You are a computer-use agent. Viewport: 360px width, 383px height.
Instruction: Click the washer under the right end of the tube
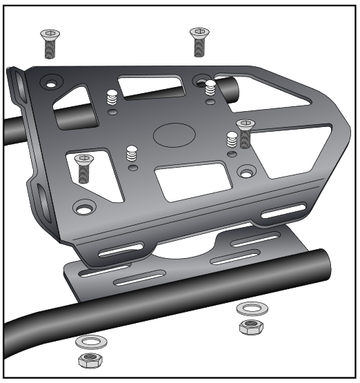[x=248, y=308]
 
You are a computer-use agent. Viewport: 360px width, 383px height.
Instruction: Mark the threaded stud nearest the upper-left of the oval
[x=110, y=99]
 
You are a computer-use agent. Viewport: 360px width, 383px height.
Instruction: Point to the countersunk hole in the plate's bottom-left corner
[x=86, y=206]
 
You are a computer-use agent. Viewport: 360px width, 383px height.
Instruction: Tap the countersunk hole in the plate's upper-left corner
[x=49, y=81]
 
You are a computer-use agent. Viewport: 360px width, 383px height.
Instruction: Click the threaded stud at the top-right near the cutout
[x=210, y=89]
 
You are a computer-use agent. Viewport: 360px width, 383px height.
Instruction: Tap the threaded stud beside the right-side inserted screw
[x=232, y=140]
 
